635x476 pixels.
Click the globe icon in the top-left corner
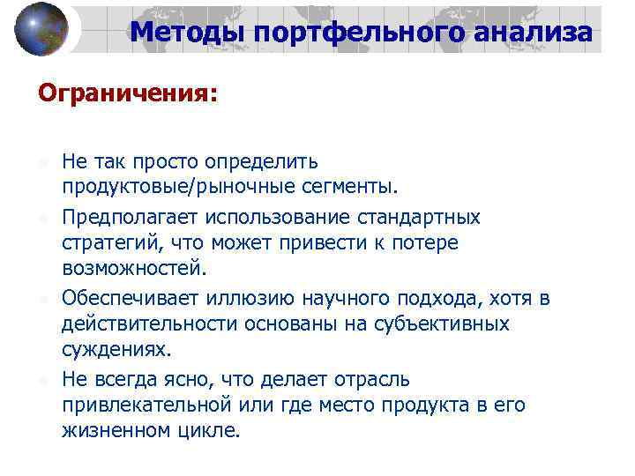coord(41,29)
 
